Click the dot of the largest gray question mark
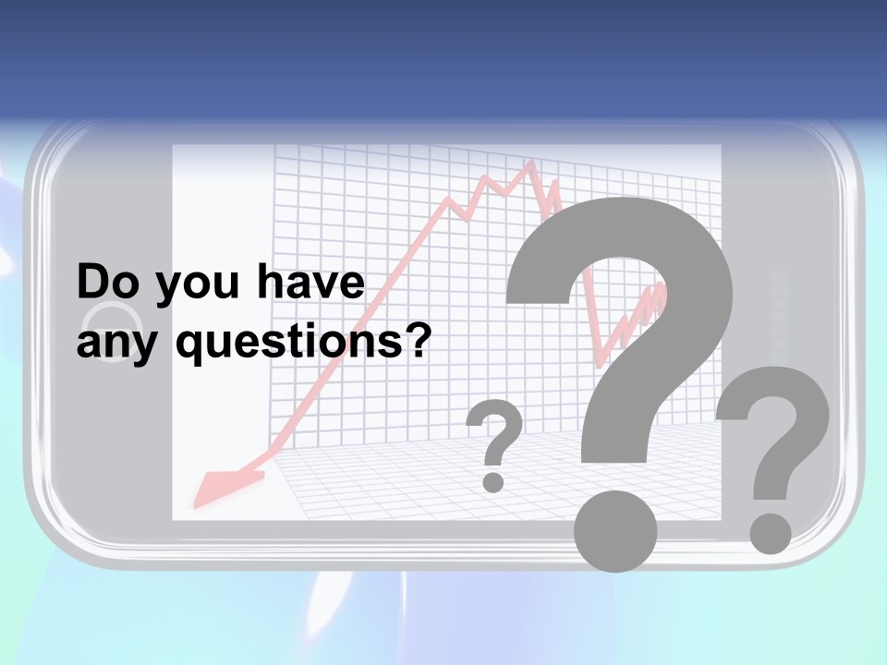pyautogui.click(x=615, y=531)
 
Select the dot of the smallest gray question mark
pyautogui.click(x=494, y=481)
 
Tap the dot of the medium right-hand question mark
pyautogui.click(x=770, y=534)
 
